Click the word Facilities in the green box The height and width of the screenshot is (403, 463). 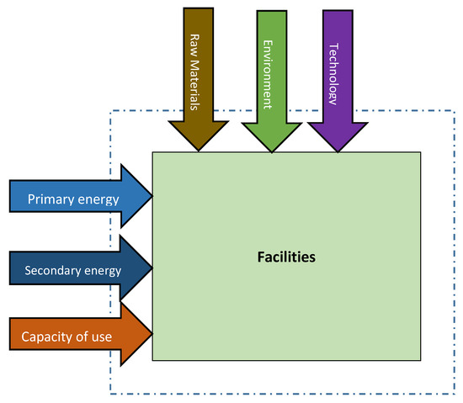pyautogui.click(x=286, y=257)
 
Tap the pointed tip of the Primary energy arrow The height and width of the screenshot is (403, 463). pyautogui.click(x=152, y=199)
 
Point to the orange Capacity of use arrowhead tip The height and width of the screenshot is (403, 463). pyautogui.click(x=152, y=336)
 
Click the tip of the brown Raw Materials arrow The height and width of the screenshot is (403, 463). pyautogui.click(x=199, y=151)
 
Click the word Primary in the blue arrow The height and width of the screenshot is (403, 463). pyautogui.click(x=50, y=199)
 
